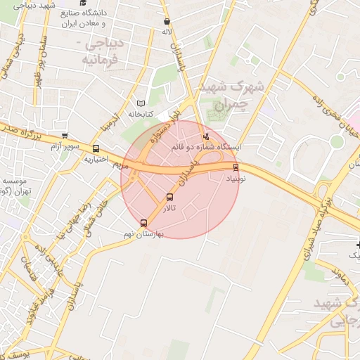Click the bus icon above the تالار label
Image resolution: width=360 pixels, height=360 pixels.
(169, 197)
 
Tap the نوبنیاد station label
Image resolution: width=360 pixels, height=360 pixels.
(236, 179)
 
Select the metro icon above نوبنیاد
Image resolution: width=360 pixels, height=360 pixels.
(236, 167)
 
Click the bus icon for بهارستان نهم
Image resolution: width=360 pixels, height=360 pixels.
(144, 223)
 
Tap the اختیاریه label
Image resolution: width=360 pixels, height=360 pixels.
(95, 159)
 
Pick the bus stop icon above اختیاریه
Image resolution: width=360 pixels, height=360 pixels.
(96, 148)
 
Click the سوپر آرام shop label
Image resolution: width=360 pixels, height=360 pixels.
(64, 146)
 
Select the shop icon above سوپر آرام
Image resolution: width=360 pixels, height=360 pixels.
(65, 136)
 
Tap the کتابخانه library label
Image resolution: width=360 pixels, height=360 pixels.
(141, 114)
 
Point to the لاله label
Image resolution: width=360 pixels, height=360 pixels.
(167, 32)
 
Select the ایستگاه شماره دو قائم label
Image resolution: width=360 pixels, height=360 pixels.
(206, 148)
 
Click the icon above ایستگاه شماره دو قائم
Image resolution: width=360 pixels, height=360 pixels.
(206, 137)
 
